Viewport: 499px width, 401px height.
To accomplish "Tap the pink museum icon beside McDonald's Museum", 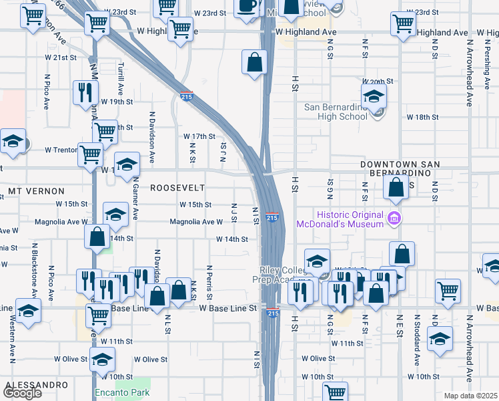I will [x=394, y=217].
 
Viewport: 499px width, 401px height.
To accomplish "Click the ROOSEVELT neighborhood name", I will [x=177, y=188].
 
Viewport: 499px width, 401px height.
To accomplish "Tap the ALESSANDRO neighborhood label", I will [x=36, y=386].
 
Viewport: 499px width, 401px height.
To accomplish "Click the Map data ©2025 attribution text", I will [x=470, y=396].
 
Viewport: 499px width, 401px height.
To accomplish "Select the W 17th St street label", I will [x=199, y=136].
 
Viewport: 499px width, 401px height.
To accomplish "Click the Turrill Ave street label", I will [x=121, y=80].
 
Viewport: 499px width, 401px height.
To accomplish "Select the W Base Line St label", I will [x=228, y=308].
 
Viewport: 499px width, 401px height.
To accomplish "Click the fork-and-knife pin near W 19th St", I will [x=84, y=92].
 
